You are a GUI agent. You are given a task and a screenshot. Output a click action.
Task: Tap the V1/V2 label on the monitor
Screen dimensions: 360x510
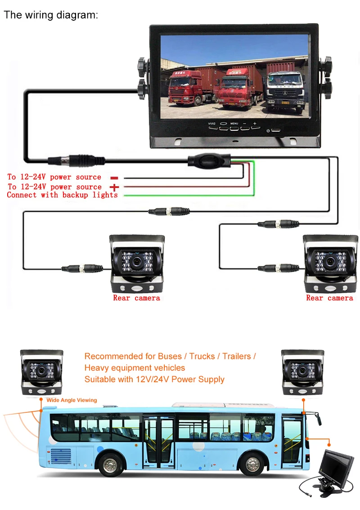click(x=212, y=124)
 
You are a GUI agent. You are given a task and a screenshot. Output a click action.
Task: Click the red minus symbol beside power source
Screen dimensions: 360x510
click(x=114, y=178)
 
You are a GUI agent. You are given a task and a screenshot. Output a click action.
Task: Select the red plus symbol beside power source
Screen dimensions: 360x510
click(x=114, y=187)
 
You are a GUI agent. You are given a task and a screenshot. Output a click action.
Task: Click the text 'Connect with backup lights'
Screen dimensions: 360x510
click(x=62, y=195)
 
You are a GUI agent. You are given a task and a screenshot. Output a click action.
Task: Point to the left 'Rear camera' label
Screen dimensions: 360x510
click(x=136, y=298)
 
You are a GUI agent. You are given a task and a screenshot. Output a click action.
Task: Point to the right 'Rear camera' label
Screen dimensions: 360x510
click(x=329, y=298)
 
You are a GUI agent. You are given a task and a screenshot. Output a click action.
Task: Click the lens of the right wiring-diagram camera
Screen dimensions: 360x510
click(x=331, y=261)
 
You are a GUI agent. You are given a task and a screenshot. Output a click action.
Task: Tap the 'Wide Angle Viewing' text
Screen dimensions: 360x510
click(x=72, y=400)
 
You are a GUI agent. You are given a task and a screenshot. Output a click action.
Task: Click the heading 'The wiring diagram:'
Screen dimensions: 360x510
click(x=50, y=15)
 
